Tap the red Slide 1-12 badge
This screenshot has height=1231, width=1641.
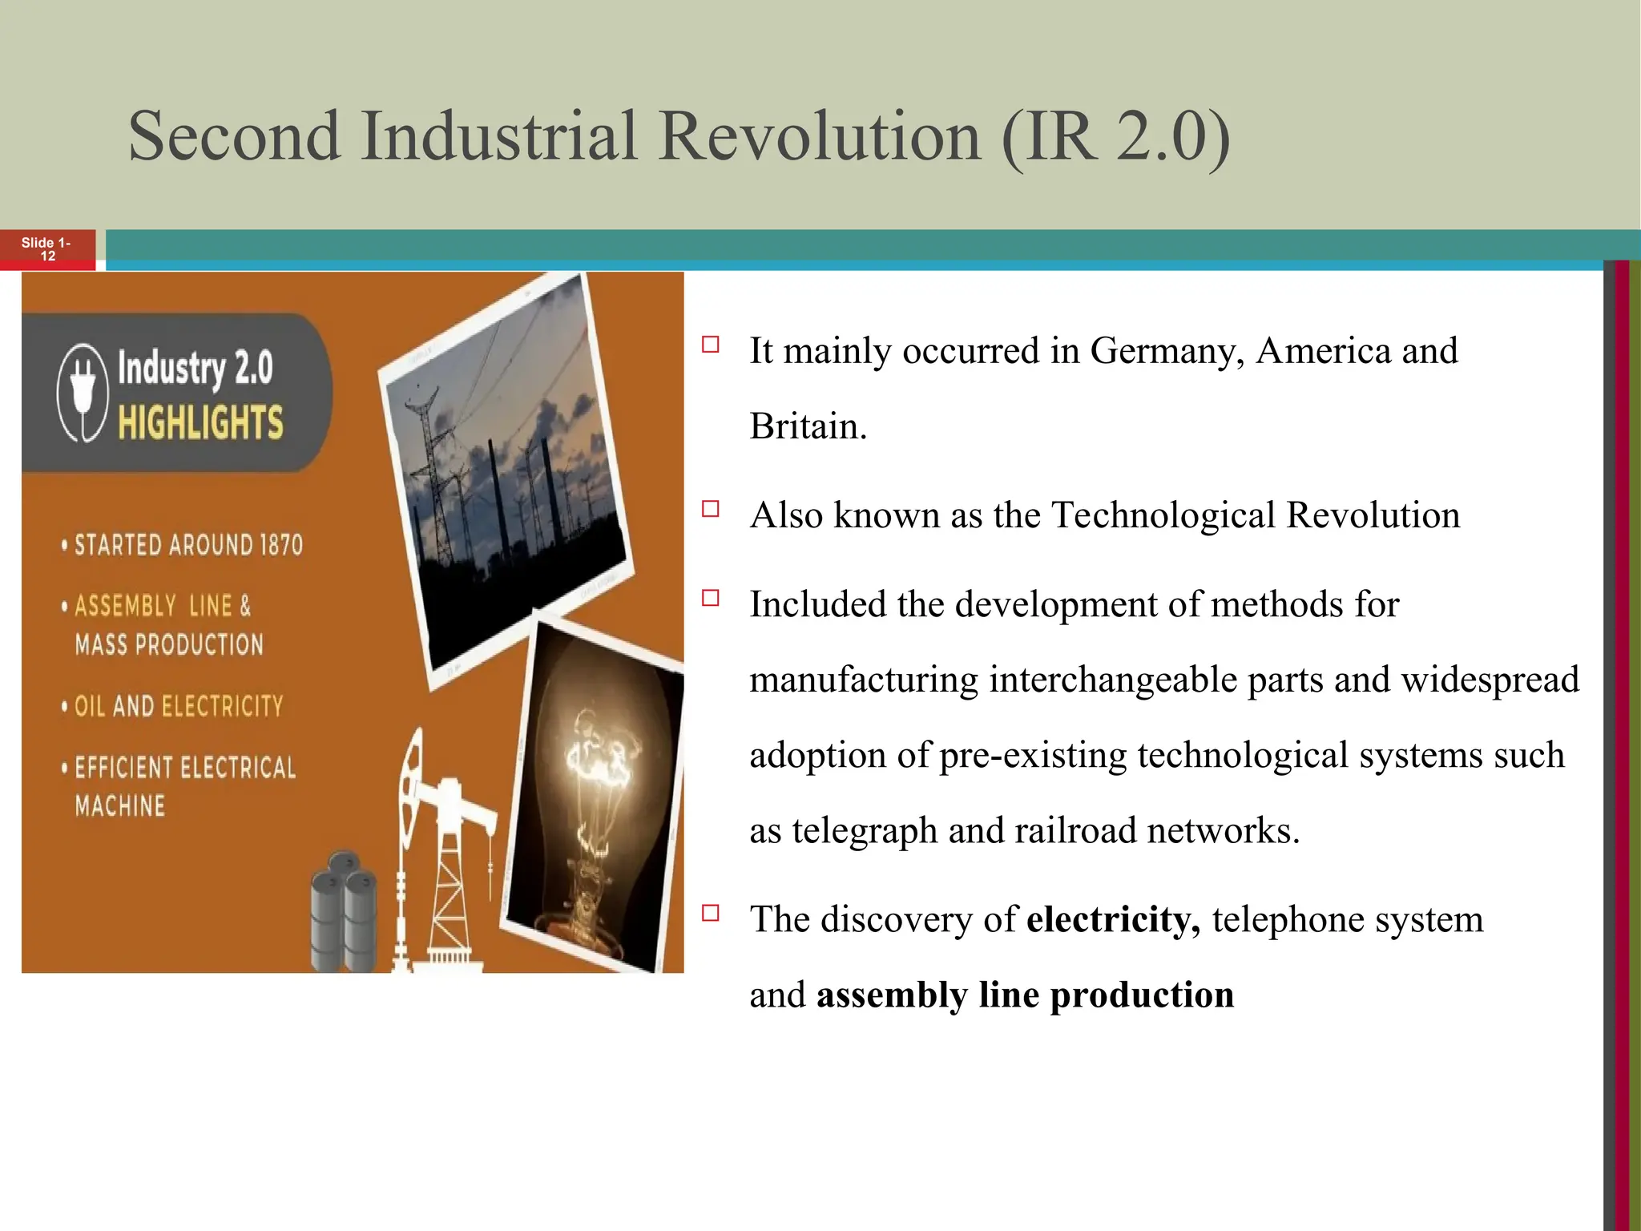click(47, 249)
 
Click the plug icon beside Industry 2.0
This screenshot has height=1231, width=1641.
click(83, 392)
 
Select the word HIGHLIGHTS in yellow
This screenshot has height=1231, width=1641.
click(200, 422)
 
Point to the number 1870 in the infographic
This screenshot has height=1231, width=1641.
click(280, 546)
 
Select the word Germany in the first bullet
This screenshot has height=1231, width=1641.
click(1167, 351)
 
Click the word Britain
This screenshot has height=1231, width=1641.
click(808, 426)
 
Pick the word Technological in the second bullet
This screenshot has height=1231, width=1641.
click(1163, 515)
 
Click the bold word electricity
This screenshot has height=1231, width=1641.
click(1112, 919)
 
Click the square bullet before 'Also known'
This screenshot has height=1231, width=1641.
click(710, 509)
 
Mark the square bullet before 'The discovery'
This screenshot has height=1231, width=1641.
click(710, 913)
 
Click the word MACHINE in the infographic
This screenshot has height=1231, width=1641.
click(120, 805)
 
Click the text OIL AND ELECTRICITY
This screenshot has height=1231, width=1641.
click(179, 706)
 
